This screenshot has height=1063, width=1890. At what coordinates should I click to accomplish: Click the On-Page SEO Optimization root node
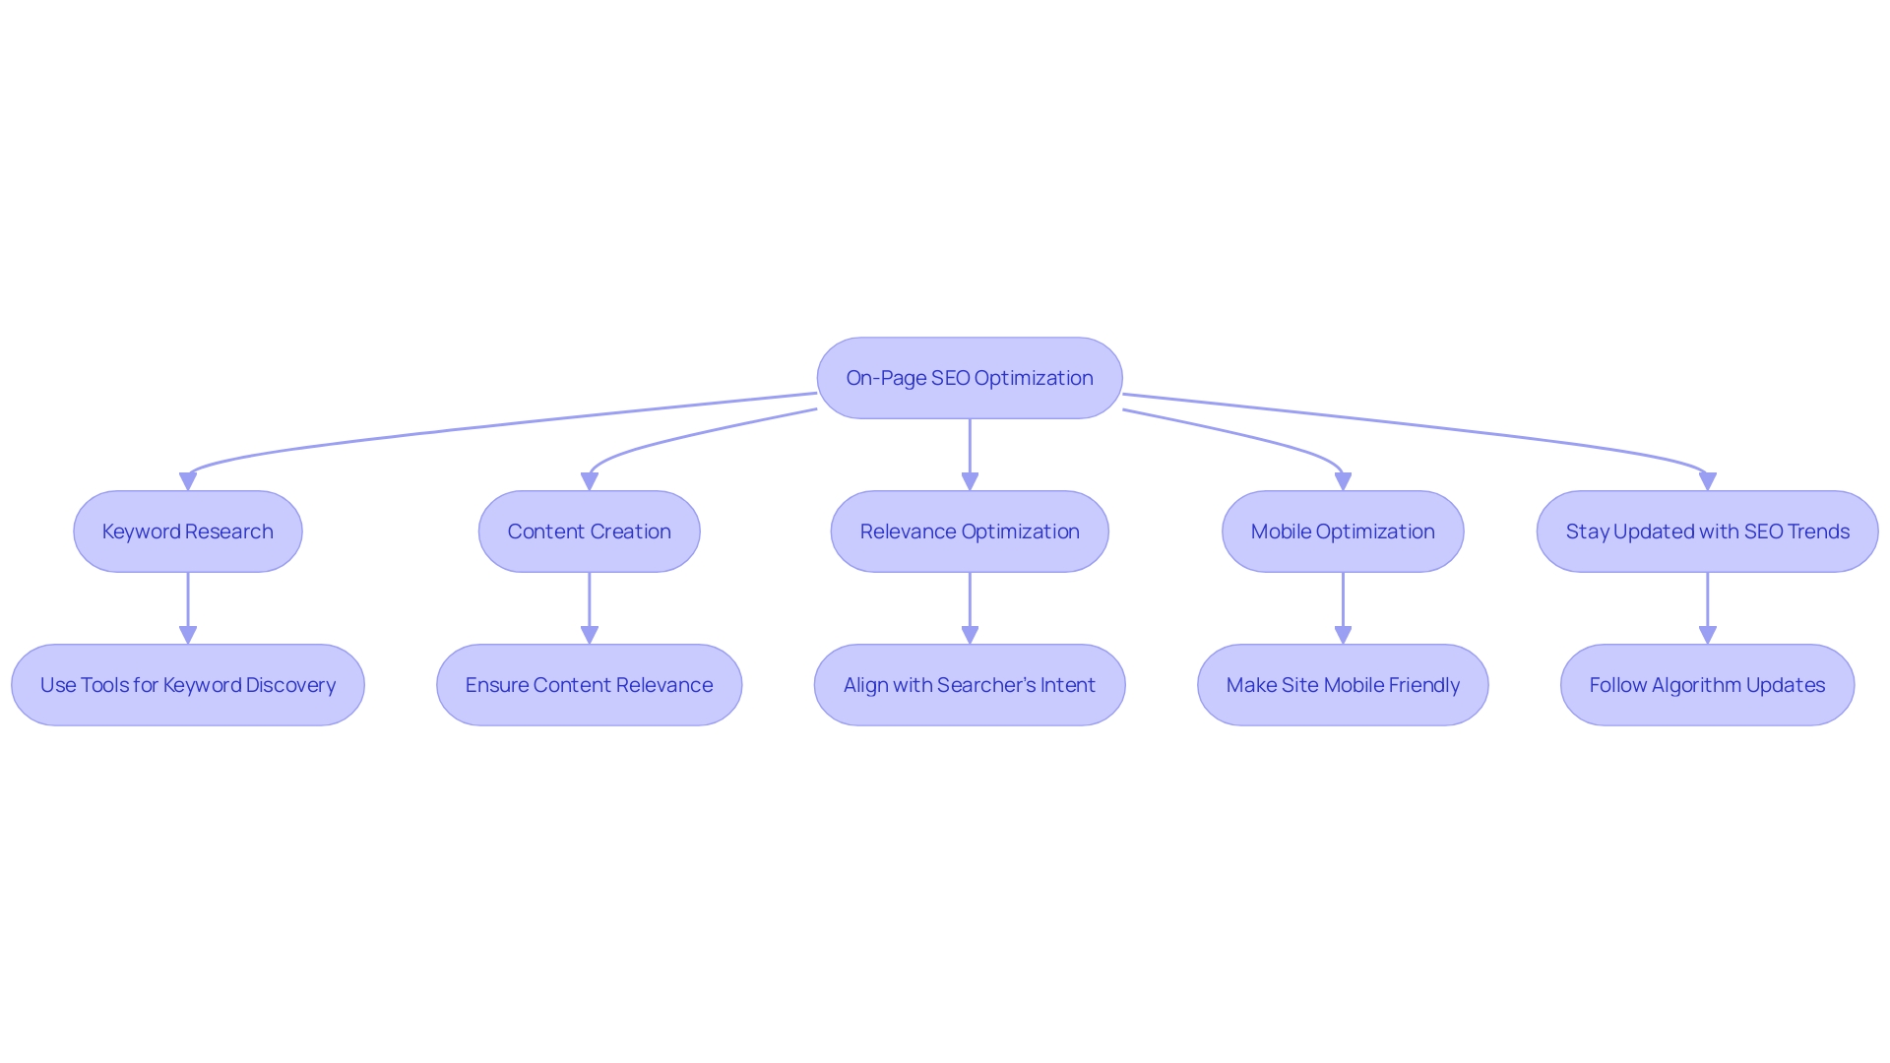(x=969, y=378)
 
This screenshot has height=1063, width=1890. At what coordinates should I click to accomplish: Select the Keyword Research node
(x=187, y=531)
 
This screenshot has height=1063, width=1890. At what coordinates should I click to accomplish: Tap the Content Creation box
(x=589, y=531)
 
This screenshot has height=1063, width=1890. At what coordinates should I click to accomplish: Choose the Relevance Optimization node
(x=969, y=531)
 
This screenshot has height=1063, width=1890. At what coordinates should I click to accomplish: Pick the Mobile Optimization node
(x=1342, y=531)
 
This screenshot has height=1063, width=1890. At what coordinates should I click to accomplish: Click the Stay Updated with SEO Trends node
(x=1706, y=531)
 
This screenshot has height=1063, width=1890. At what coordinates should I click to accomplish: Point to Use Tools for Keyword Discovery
(x=187, y=685)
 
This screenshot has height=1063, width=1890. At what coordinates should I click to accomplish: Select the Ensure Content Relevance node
(x=589, y=685)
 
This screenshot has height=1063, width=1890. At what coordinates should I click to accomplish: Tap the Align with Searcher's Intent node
(x=969, y=685)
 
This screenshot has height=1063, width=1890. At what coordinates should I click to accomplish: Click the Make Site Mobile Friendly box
(x=1342, y=685)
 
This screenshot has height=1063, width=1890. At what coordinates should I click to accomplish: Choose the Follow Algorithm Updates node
(x=1706, y=685)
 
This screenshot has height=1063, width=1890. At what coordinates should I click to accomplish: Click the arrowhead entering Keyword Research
(x=188, y=481)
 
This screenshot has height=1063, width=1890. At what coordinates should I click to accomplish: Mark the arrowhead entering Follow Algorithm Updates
(x=1707, y=635)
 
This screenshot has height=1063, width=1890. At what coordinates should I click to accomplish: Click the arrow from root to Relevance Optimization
(x=970, y=448)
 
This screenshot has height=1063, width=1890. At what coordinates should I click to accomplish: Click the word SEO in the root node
(x=950, y=378)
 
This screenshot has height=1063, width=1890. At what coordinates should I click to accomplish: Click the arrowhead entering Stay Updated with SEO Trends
(x=1707, y=481)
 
